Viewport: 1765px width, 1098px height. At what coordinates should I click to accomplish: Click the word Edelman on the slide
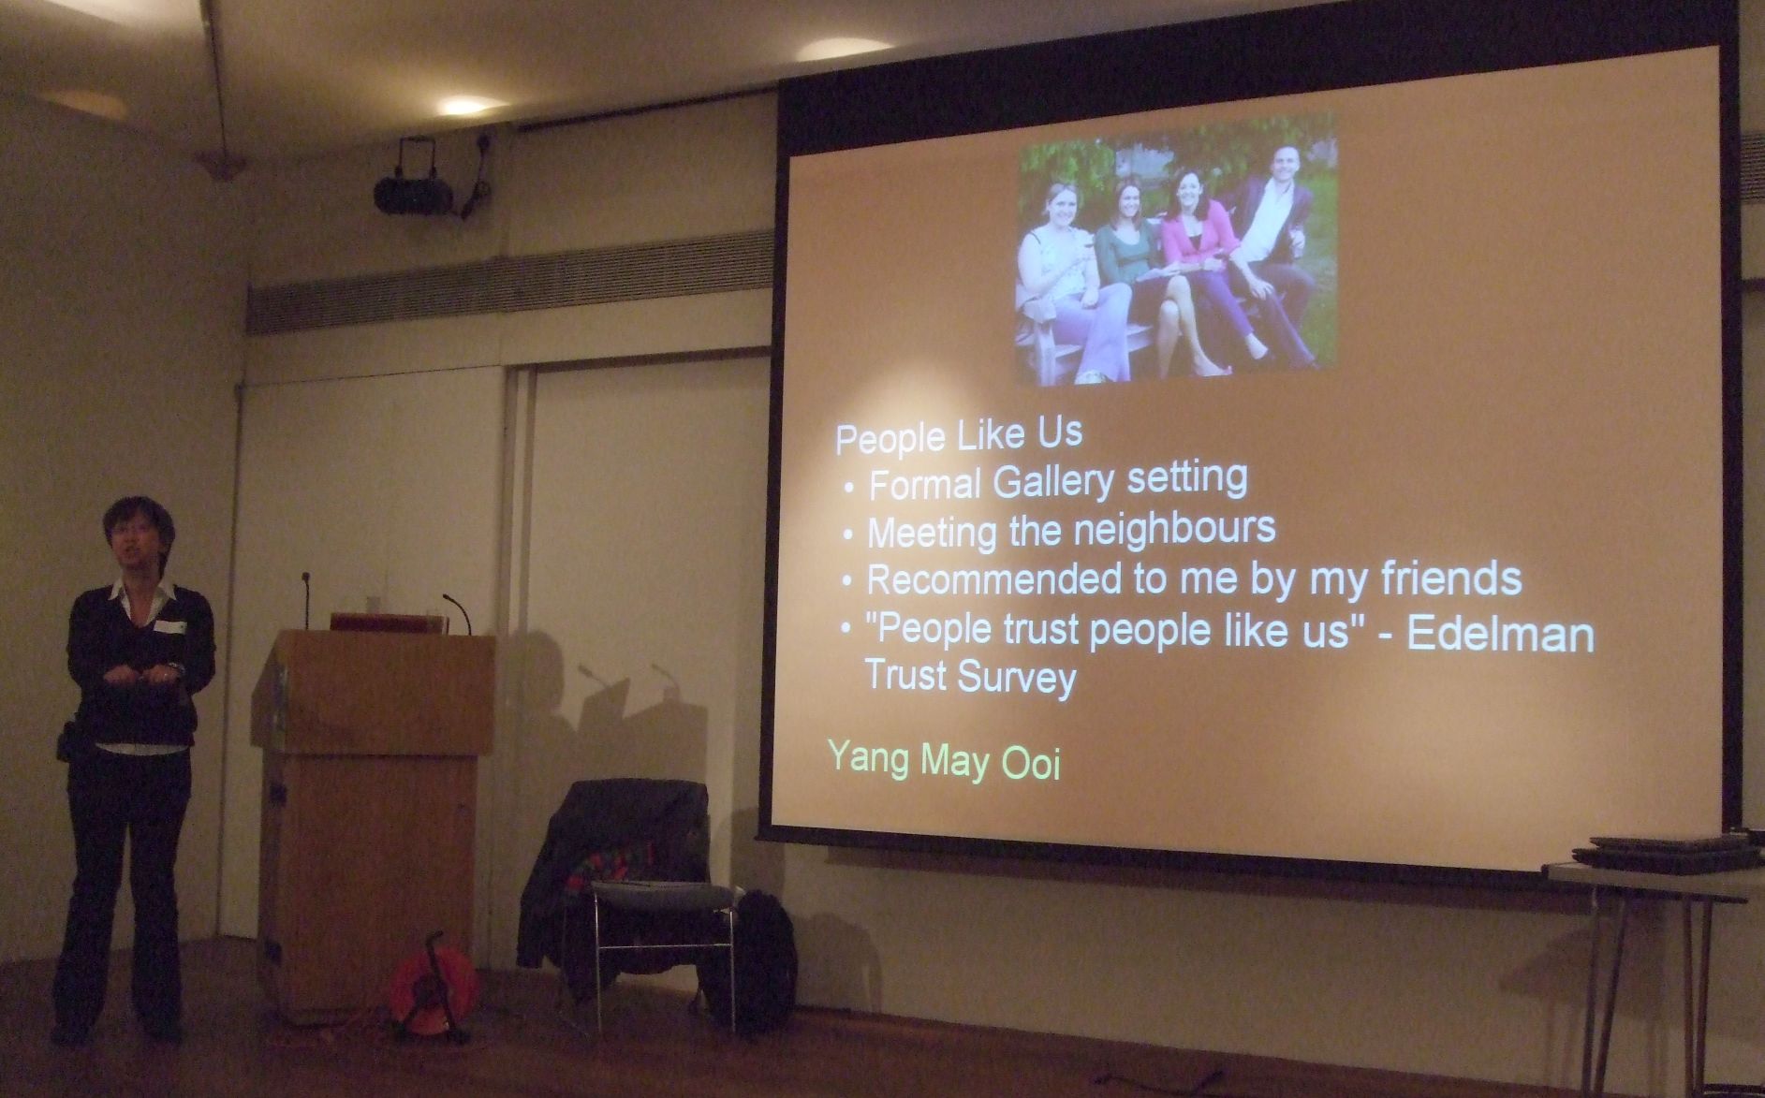1500,635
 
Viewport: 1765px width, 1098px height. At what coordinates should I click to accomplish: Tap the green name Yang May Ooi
944,761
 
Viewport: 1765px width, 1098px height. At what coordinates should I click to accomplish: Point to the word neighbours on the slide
1174,529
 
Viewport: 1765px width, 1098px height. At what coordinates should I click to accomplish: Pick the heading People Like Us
958,435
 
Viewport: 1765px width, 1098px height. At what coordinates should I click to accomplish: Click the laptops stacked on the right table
1657,850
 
